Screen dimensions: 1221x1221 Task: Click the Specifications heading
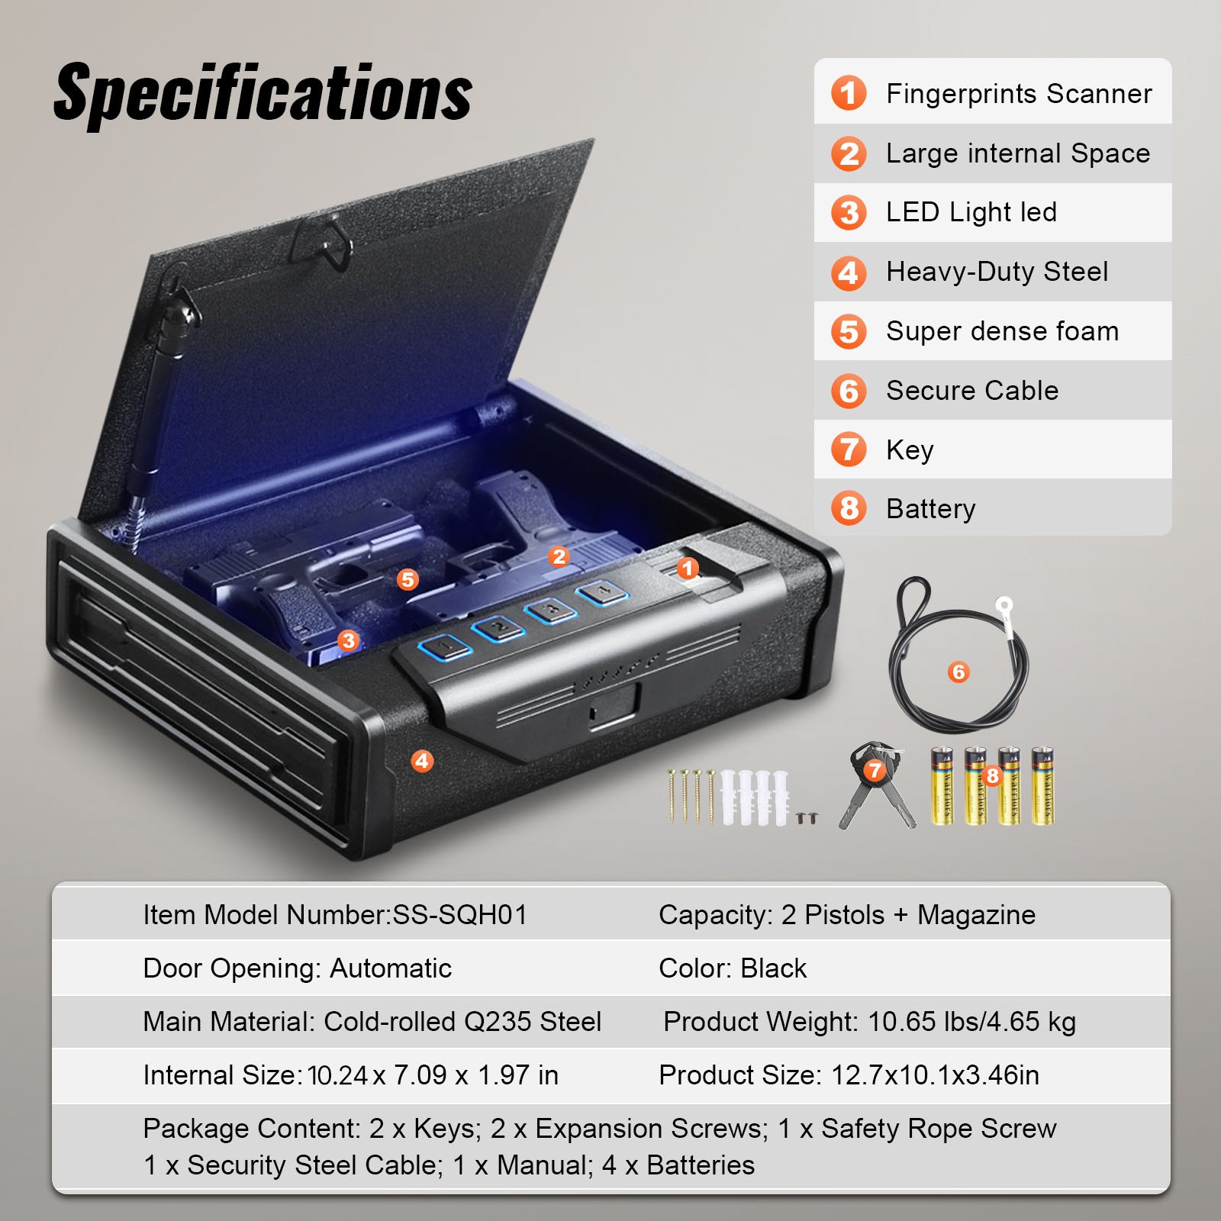263,93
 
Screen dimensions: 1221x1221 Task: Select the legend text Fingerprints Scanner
1018,94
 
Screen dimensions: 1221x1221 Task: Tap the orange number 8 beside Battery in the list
849,508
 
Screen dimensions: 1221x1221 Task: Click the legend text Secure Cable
971,391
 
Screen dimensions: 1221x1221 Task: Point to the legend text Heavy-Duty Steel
997,272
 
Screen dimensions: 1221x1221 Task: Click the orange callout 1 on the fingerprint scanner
688,568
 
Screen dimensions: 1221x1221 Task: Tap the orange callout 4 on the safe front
422,761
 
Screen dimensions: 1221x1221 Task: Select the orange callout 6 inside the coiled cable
958,672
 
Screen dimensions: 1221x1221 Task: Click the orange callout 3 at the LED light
349,639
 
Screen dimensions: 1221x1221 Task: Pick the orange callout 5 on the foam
408,579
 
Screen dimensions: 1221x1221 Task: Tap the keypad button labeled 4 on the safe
602,592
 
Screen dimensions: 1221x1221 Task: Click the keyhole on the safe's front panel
593,713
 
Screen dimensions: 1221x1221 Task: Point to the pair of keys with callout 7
876,786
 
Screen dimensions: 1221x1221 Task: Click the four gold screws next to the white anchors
691,795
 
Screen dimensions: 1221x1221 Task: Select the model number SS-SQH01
459,915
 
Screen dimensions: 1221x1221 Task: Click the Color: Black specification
732,968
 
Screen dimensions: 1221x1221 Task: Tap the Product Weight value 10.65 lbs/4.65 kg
971,1022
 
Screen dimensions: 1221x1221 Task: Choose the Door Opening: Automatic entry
297,968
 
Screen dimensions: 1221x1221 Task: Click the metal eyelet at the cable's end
1004,607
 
